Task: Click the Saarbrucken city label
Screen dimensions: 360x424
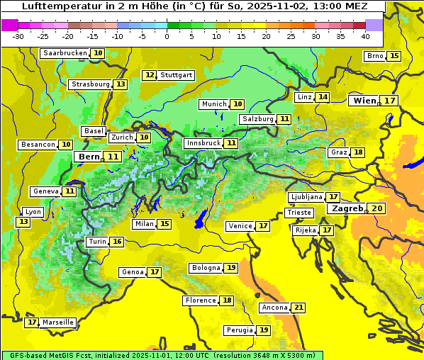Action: point(65,53)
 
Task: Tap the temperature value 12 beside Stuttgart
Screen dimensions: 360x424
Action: point(150,75)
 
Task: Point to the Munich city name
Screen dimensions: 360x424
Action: point(214,104)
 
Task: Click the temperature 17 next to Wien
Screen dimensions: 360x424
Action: point(390,101)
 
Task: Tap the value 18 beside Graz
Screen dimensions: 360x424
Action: point(358,152)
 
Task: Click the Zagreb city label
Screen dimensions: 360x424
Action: point(346,209)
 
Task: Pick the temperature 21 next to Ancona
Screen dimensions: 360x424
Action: point(299,308)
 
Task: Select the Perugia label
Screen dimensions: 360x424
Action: point(239,330)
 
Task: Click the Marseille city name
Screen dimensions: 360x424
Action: point(58,322)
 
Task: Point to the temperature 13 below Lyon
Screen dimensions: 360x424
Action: point(23,222)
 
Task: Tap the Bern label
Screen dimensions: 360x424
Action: point(89,157)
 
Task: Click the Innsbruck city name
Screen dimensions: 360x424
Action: point(203,143)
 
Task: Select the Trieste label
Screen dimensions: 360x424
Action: point(299,213)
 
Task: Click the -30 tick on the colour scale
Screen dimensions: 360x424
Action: point(18,35)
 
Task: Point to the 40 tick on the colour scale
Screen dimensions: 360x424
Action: point(365,35)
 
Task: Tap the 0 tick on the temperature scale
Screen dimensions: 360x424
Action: point(167,35)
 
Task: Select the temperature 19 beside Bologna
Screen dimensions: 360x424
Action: point(231,268)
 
